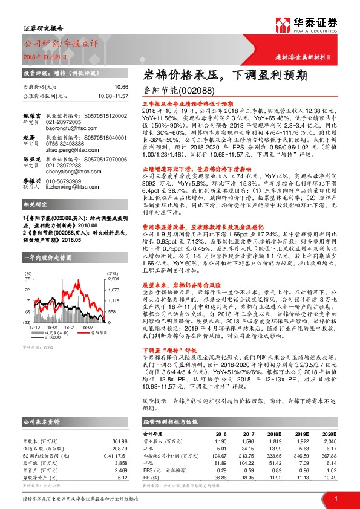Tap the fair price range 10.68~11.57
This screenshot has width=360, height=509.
click(113, 96)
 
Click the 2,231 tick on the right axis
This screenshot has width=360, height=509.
click(114, 280)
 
